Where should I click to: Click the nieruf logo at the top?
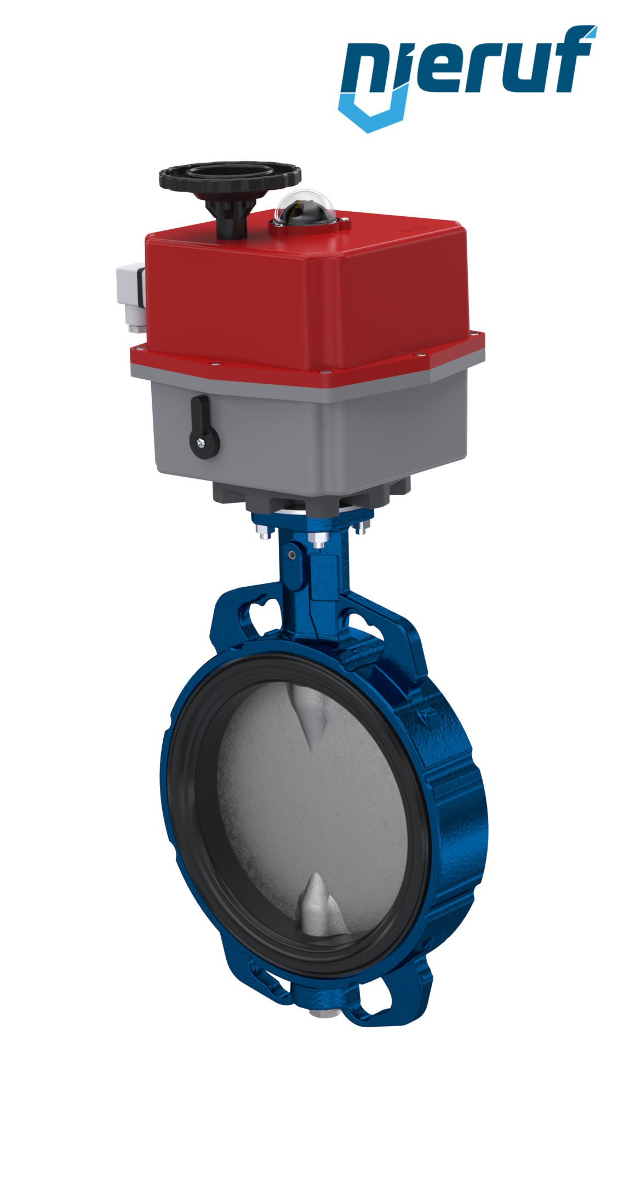(x=467, y=77)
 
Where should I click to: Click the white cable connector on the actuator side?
(x=131, y=298)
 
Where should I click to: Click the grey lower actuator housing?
(x=310, y=432)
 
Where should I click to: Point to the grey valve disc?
(x=312, y=804)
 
